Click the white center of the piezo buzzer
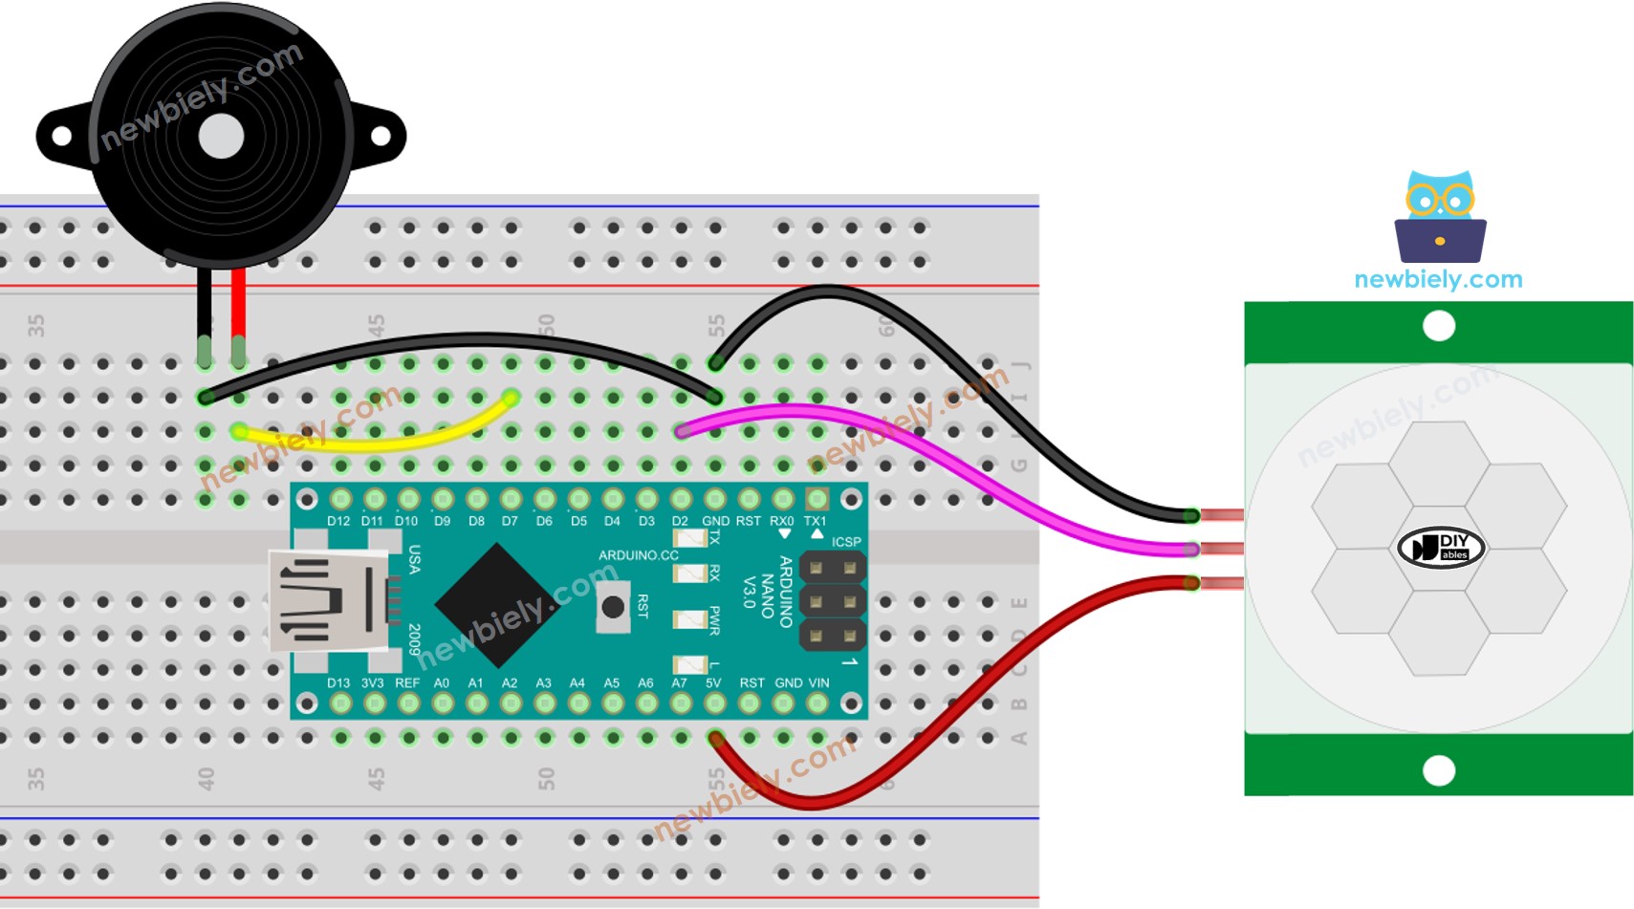point(221,137)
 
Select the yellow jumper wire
point(382,441)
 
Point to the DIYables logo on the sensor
point(1440,548)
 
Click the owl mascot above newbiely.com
point(1440,217)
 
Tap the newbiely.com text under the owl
point(1438,280)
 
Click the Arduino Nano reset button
point(613,607)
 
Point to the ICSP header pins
point(832,602)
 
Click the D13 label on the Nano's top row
point(338,683)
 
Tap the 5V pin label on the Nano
point(713,683)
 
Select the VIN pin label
point(818,683)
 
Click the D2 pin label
point(680,521)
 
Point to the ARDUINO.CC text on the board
point(638,555)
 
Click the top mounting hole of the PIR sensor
point(1438,327)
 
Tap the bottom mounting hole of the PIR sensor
point(1438,770)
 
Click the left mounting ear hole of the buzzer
point(61,137)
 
